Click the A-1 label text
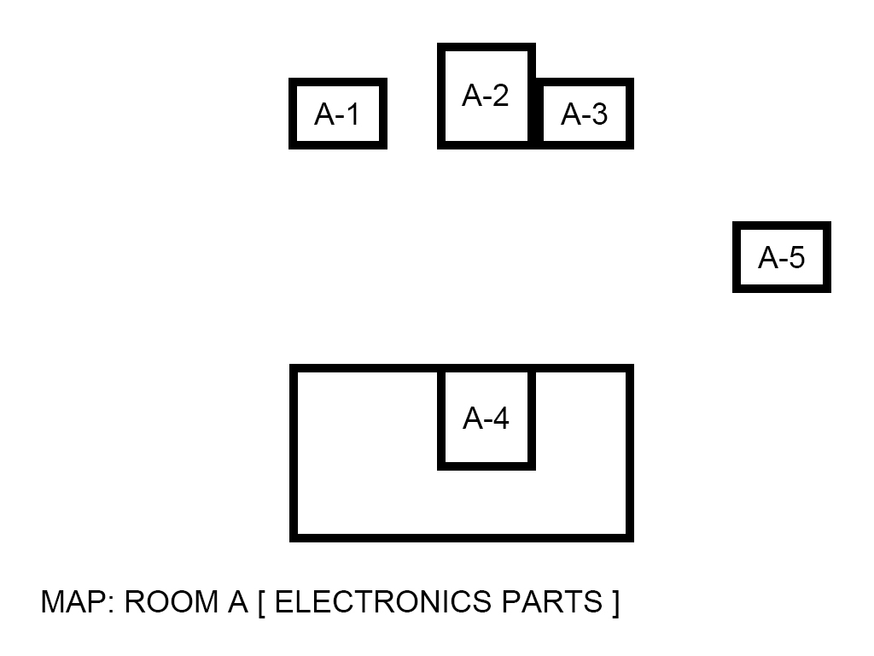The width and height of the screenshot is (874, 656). click(x=337, y=114)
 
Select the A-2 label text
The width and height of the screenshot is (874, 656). click(x=485, y=97)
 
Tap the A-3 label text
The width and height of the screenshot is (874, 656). click(x=584, y=114)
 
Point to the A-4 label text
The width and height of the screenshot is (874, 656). click(x=486, y=419)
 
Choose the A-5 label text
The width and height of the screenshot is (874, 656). click(x=781, y=257)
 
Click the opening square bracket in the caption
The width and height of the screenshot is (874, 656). click(x=262, y=602)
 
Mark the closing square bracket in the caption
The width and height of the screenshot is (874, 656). click(x=615, y=602)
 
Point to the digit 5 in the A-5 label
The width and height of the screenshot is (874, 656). click(x=795, y=257)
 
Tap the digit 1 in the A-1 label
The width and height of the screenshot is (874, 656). click(x=353, y=114)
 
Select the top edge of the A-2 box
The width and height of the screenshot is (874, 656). click(x=486, y=46)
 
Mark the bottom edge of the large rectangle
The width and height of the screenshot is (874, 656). click(x=462, y=538)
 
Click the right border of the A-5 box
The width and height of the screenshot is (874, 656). click(x=827, y=257)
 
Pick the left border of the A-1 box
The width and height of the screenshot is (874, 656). click(x=293, y=114)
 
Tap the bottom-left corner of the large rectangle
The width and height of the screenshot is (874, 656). click(x=294, y=538)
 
